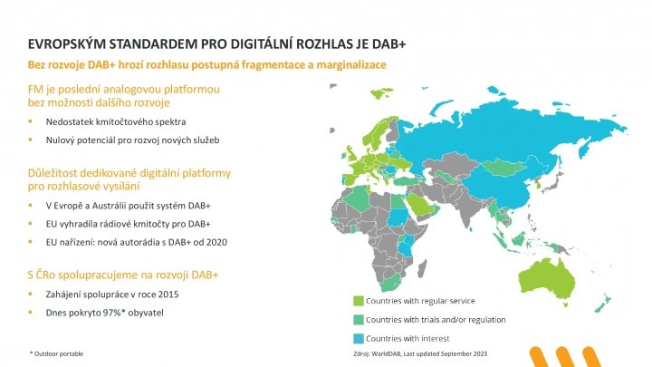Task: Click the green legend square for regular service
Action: click(x=359, y=301)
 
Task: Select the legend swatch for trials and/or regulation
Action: click(x=359, y=320)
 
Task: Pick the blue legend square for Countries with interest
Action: click(x=359, y=338)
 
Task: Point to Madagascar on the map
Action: click(x=423, y=266)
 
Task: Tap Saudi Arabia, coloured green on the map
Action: click(x=419, y=205)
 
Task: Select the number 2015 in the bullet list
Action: click(x=168, y=295)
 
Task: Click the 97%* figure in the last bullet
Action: click(x=114, y=313)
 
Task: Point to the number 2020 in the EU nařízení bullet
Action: click(x=217, y=242)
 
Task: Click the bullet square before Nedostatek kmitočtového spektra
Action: click(x=30, y=121)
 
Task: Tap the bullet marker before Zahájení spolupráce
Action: click(x=30, y=295)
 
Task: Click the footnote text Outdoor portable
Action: click(x=59, y=353)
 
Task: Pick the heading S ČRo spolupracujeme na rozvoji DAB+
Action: click(x=123, y=275)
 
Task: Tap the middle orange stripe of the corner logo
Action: click(x=565, y=357)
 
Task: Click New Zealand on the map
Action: click(x=602, y=304)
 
